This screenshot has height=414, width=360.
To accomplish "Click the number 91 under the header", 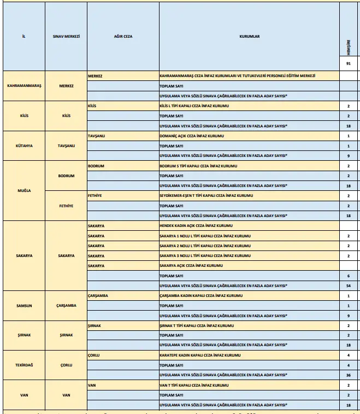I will click(348, 64).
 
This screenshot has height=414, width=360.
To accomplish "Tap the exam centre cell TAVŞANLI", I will click(67, 146).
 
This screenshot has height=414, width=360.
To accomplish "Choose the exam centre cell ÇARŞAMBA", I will click(67, 305).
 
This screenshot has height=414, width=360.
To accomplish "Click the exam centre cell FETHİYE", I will click(67, 206).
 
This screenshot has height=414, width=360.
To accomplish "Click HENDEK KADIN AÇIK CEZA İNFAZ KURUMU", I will click(196, 226).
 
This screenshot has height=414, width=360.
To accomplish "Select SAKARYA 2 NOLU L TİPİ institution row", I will click(205, 246).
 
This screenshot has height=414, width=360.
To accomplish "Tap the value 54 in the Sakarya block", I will click(348, 285).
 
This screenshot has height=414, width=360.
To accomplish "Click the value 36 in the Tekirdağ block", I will click(348, 375).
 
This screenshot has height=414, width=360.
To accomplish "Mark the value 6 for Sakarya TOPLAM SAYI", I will click(348, 276).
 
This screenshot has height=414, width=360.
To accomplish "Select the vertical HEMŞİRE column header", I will click(348, 49).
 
